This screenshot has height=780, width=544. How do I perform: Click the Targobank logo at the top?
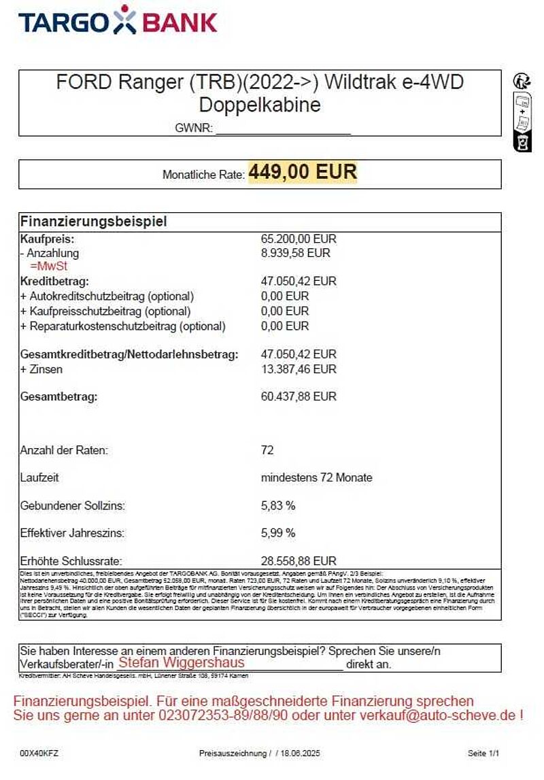(118, 20)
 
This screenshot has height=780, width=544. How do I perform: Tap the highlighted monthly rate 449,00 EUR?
(302, 173)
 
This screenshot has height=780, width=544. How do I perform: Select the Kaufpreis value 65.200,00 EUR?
(299, 239)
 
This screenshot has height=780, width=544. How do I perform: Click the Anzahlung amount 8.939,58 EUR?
(295, 253)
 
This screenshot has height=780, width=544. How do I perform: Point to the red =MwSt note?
(44, 266)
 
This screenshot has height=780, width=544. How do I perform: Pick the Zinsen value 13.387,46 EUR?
(299, 369)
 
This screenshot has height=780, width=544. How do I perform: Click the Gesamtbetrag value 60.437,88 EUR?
(299, 396)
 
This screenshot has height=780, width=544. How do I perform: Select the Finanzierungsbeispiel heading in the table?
(93, 222)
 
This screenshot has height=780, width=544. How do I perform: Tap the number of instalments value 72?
(267, 450)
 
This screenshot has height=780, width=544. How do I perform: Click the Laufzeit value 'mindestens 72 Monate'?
(316, 477)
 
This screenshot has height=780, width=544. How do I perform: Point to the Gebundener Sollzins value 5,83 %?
(278, 506)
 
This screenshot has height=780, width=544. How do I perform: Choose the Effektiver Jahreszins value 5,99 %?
(278, 533)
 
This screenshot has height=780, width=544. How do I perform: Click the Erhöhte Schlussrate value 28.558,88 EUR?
(299, 561)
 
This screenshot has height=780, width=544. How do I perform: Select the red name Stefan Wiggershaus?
(181, 662)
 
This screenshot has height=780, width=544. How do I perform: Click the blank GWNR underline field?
(283, 129)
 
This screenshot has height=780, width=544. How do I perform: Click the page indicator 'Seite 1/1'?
(483, 753)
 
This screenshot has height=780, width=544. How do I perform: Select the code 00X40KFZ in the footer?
(39, 753)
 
